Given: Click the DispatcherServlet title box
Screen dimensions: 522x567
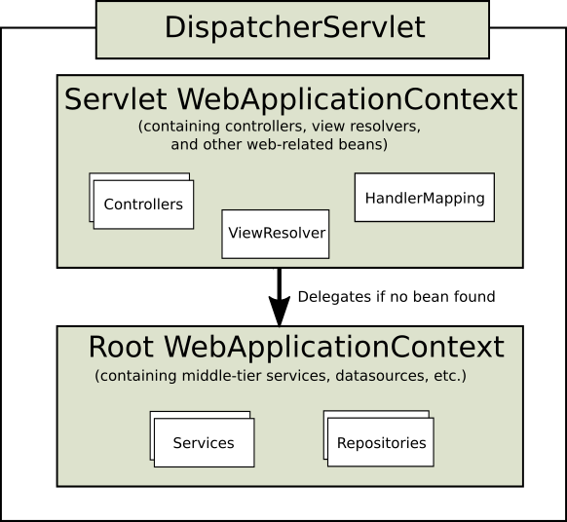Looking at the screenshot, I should click(x=293, y=28).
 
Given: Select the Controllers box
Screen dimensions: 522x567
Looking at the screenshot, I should click(x=143, y=205).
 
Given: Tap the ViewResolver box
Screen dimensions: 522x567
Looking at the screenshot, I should click(x=276, y=234).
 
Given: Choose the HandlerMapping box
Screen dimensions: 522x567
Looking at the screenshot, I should click(x=424, y=198).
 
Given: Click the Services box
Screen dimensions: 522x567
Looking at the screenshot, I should click(x=204, y=443).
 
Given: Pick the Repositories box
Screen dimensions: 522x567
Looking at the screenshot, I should click(x=381, y=443).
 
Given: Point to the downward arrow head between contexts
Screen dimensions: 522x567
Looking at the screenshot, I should click(x=280, y=312).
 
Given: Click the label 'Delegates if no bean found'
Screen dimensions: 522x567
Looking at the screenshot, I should click(x=396, y=296).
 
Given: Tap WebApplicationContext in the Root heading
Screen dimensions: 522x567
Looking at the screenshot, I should click(x=334, y=348).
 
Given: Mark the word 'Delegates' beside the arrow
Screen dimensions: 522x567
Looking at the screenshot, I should click(x=329, y=296).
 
